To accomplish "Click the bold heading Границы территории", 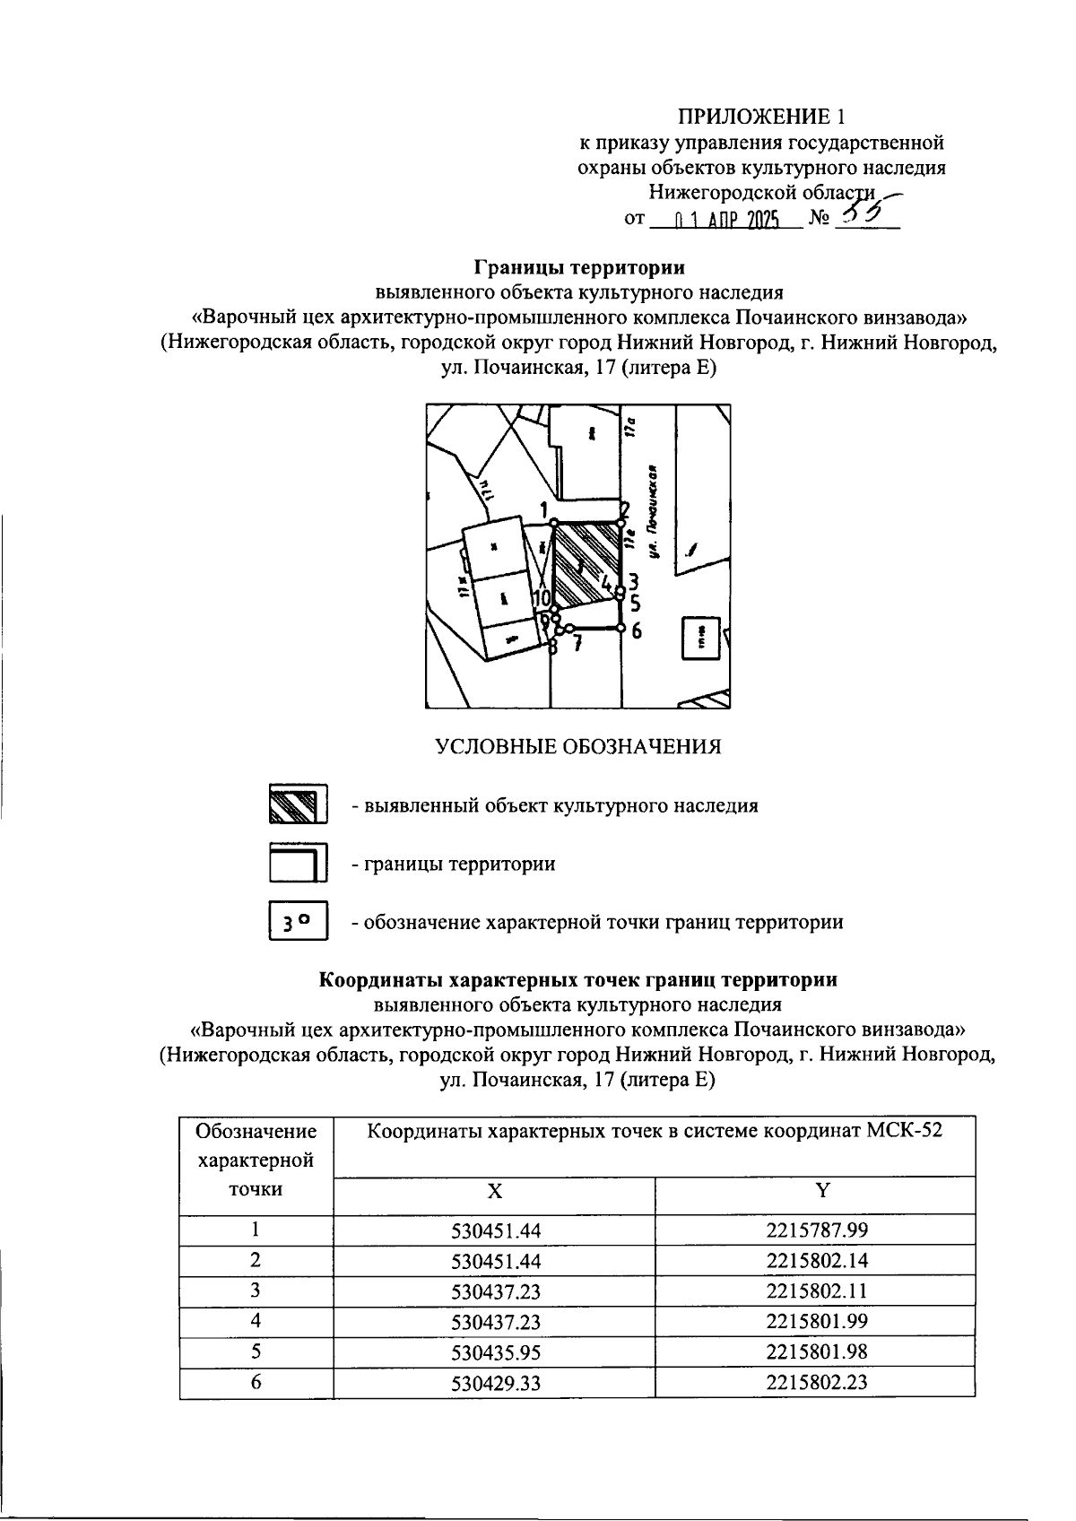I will pos(579,267).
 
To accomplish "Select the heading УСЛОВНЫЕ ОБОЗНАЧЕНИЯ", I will pos(578,746).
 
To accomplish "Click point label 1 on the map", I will pos(544,509).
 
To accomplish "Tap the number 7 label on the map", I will pos(578,642).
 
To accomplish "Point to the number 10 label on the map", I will pos(542,597).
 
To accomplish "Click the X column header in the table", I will pos(494,1190).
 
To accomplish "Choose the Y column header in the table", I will pos(821,1190).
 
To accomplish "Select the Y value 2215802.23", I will pos(817,1382).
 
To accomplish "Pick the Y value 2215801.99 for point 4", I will pos(817,1321).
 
